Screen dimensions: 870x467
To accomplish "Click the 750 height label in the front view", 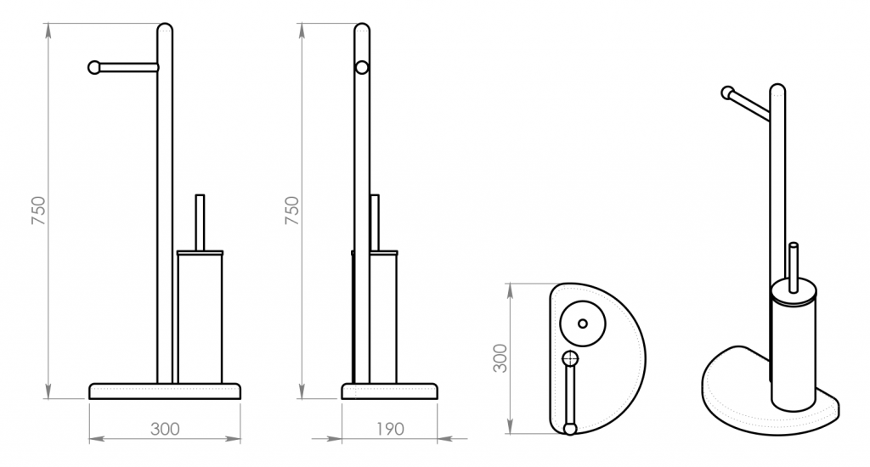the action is [x=38, y=211].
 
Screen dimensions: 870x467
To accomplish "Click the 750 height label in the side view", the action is [x=292, y=211].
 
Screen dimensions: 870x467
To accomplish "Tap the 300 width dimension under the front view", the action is [x=165, y=429].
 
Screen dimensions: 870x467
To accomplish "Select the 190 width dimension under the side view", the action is [x=390, y=429].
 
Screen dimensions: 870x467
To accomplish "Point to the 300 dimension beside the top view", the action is [x=500, y=358].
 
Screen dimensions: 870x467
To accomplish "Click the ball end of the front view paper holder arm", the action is [x=94, y=68].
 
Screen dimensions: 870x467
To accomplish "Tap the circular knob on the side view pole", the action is [x=362, y=68].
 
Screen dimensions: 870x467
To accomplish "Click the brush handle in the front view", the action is [x=200, y=222].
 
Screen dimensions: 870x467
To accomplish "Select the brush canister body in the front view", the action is [x=200, y=318].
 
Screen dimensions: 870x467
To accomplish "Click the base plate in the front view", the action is [x=165, y=391].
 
